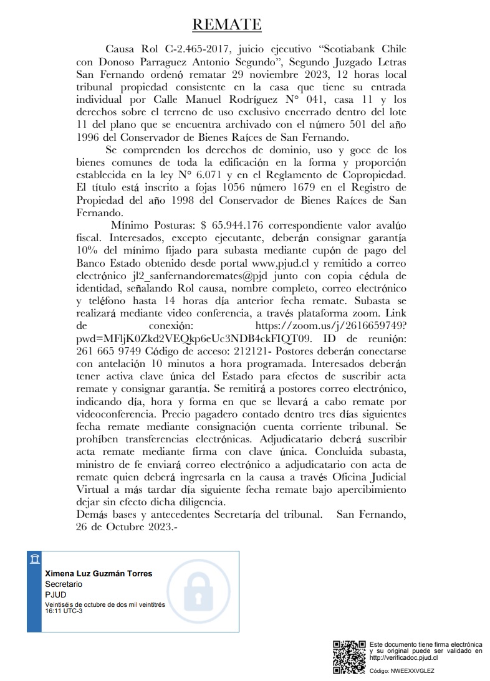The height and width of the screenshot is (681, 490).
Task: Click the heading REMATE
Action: tap(226, 24)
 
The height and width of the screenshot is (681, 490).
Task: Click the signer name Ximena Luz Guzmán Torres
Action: tap(98, 573)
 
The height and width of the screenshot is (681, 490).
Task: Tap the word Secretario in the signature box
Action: tap(64, 584)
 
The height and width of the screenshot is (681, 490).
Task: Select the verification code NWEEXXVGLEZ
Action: tap(412, 671)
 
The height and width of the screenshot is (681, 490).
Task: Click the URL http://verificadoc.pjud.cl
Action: tap(404, 657)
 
